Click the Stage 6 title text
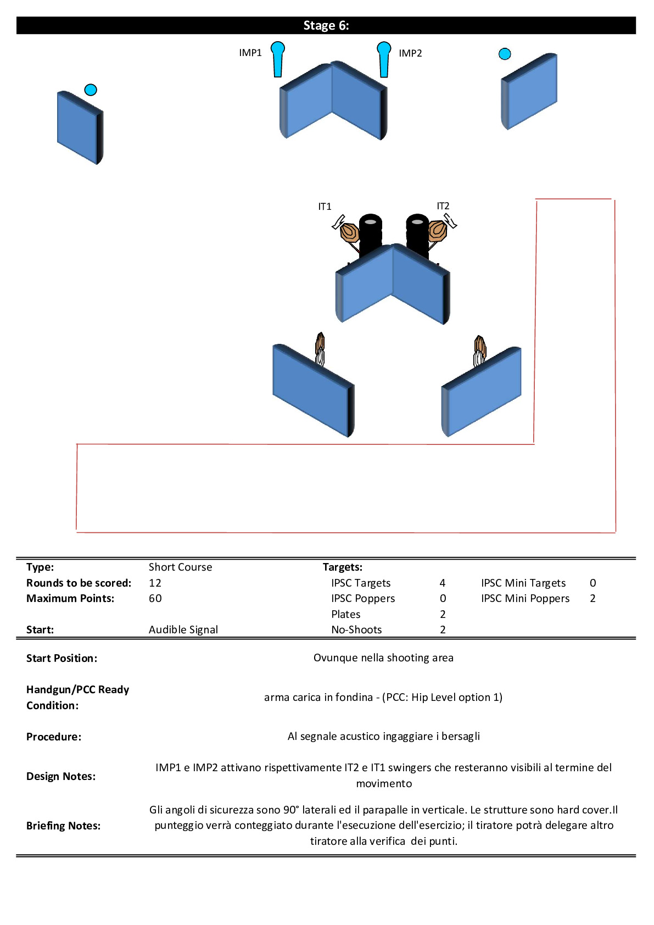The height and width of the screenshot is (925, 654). pos(326,26)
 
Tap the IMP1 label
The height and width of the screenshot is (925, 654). pos(250,53)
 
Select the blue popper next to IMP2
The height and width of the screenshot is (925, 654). pos(384,59)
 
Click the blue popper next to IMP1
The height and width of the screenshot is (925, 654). pos(278,59)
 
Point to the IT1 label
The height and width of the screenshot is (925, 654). pos(325,207)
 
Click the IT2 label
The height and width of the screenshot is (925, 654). pos(443,205)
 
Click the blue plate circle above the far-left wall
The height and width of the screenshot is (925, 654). pos(91,90)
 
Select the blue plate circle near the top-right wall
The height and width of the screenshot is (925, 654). pos(505,54)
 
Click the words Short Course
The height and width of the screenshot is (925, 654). pos(181,567)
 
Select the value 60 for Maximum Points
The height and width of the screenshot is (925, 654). pos(155,598)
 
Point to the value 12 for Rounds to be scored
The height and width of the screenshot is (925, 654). pos(155,583)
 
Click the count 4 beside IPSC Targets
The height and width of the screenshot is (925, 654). pos(443,583)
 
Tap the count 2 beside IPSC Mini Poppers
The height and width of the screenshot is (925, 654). pos(593,598)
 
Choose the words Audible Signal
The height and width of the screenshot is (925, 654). pos(183,629)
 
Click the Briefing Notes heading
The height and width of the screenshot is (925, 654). pos(63,826)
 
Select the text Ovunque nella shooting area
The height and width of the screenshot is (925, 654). pos(383,657)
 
